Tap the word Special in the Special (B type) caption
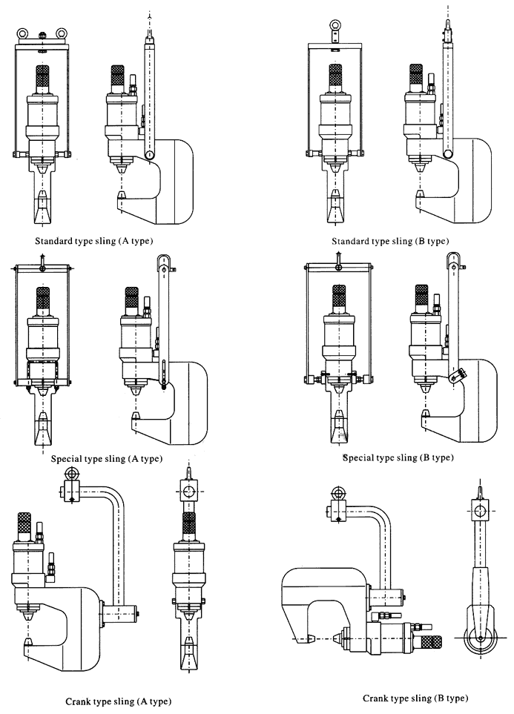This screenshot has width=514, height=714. (x=360, y=457)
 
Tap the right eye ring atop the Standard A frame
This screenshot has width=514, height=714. (x=59, y=33)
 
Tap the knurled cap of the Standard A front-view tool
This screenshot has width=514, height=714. (x=42, y=77)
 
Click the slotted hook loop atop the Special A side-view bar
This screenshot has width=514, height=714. (x=163, y=264)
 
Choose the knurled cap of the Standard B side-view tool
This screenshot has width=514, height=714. (x=416, y=76)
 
